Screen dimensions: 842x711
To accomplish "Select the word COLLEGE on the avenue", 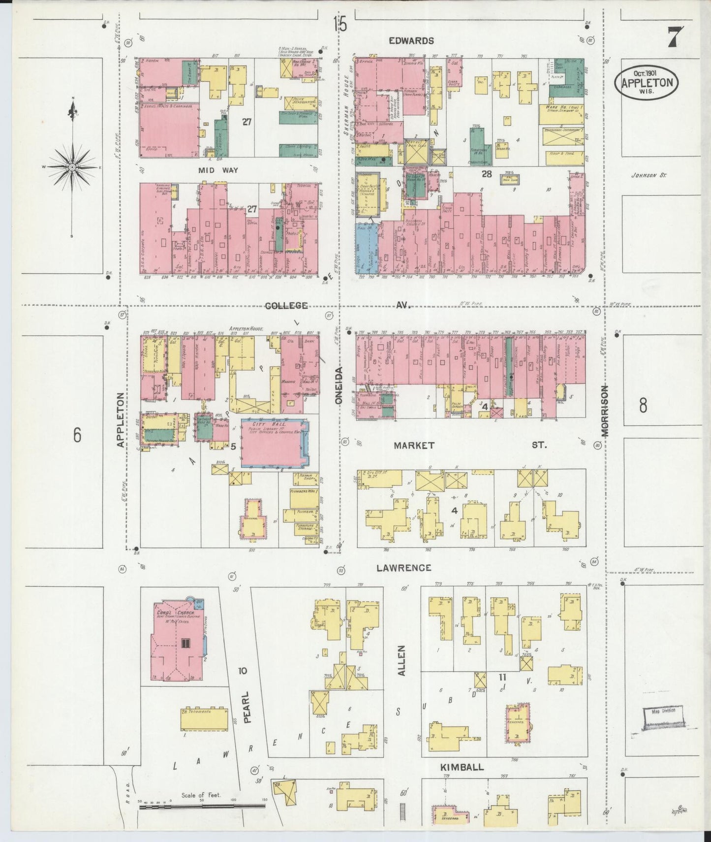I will (x=286, y=306).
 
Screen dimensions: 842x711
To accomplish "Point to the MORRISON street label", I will (x=604, y=411).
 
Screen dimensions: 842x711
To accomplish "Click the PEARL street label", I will (x=247, y=707).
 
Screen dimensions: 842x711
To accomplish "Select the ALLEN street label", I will (x=402, y=660).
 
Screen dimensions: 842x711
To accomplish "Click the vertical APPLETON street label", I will (x=121, y=420).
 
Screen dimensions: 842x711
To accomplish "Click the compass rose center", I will (x=72, y=167).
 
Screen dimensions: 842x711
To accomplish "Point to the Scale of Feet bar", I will (x=202, y=806).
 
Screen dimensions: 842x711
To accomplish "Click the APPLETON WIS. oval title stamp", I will (x=647, y=82).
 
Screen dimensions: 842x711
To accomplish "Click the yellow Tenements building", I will (x=204, y=720).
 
